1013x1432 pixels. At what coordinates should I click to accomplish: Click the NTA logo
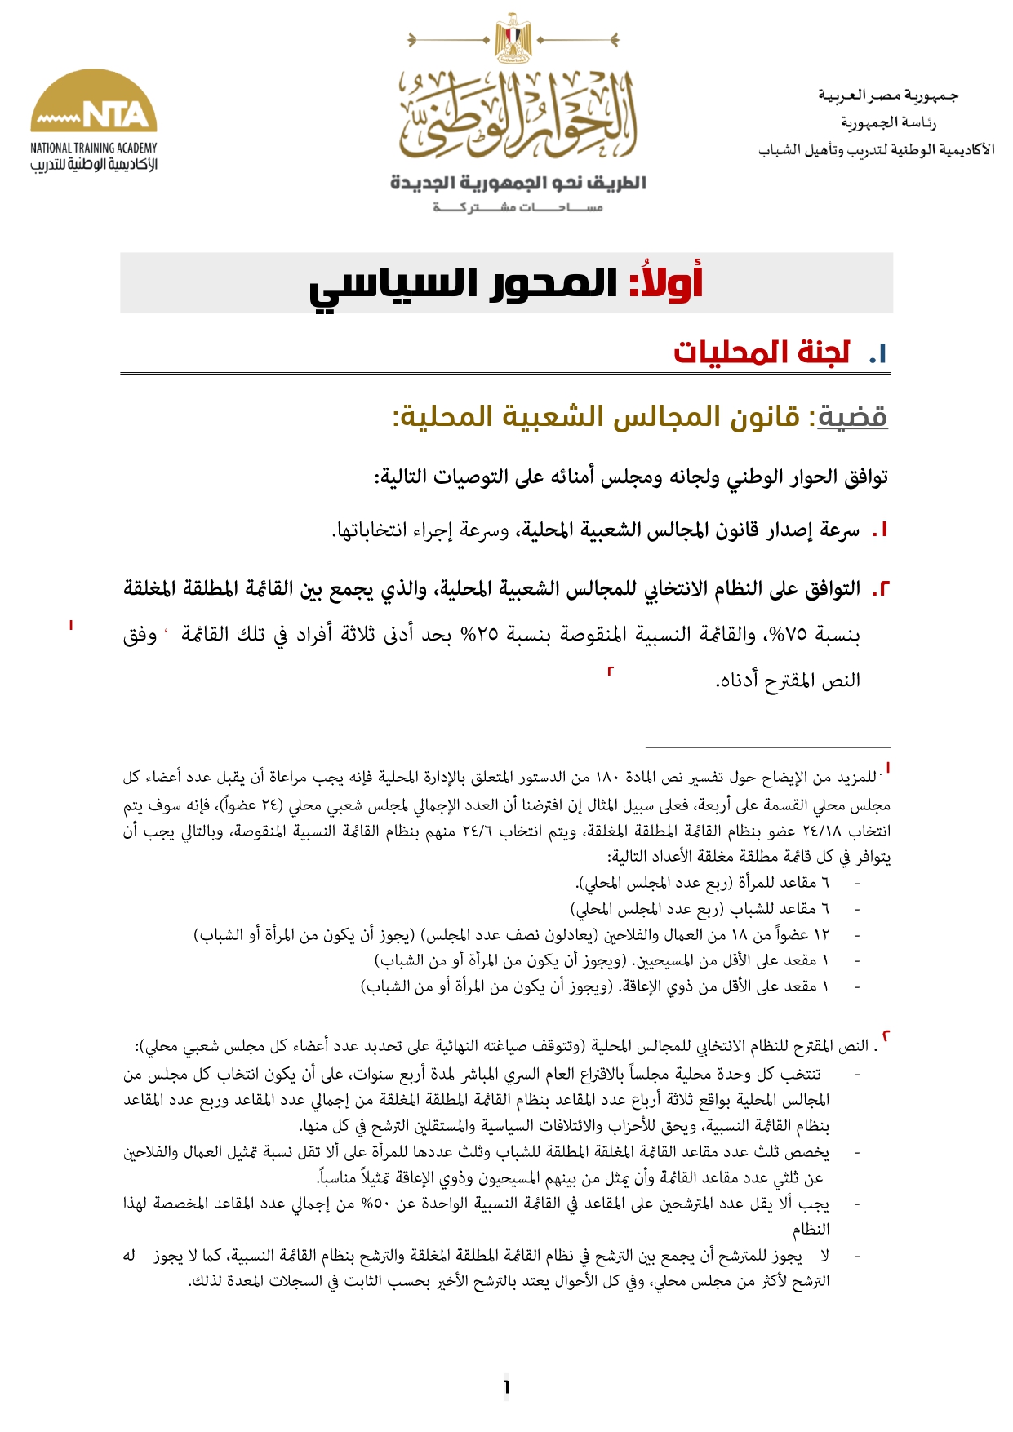(x=94, y=102)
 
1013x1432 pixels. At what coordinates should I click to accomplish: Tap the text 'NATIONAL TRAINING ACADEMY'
(x=94, y=148)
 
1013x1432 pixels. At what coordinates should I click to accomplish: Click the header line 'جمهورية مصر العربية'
(x=888, y=95)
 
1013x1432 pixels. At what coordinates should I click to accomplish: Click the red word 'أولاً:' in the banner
(x=665, y=283)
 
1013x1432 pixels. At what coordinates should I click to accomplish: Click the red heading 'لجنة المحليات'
(x=761, y=352)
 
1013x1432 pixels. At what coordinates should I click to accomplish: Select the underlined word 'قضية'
(x=852, y=417)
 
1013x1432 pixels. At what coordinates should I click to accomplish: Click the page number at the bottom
(x=506, y=1387)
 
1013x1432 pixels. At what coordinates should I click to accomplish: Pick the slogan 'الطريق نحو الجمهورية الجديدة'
(x=518, y=183)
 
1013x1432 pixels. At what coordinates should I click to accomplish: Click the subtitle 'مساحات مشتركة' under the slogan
(x=518, y=207)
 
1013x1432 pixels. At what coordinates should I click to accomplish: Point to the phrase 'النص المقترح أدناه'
(x=788, y=680)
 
